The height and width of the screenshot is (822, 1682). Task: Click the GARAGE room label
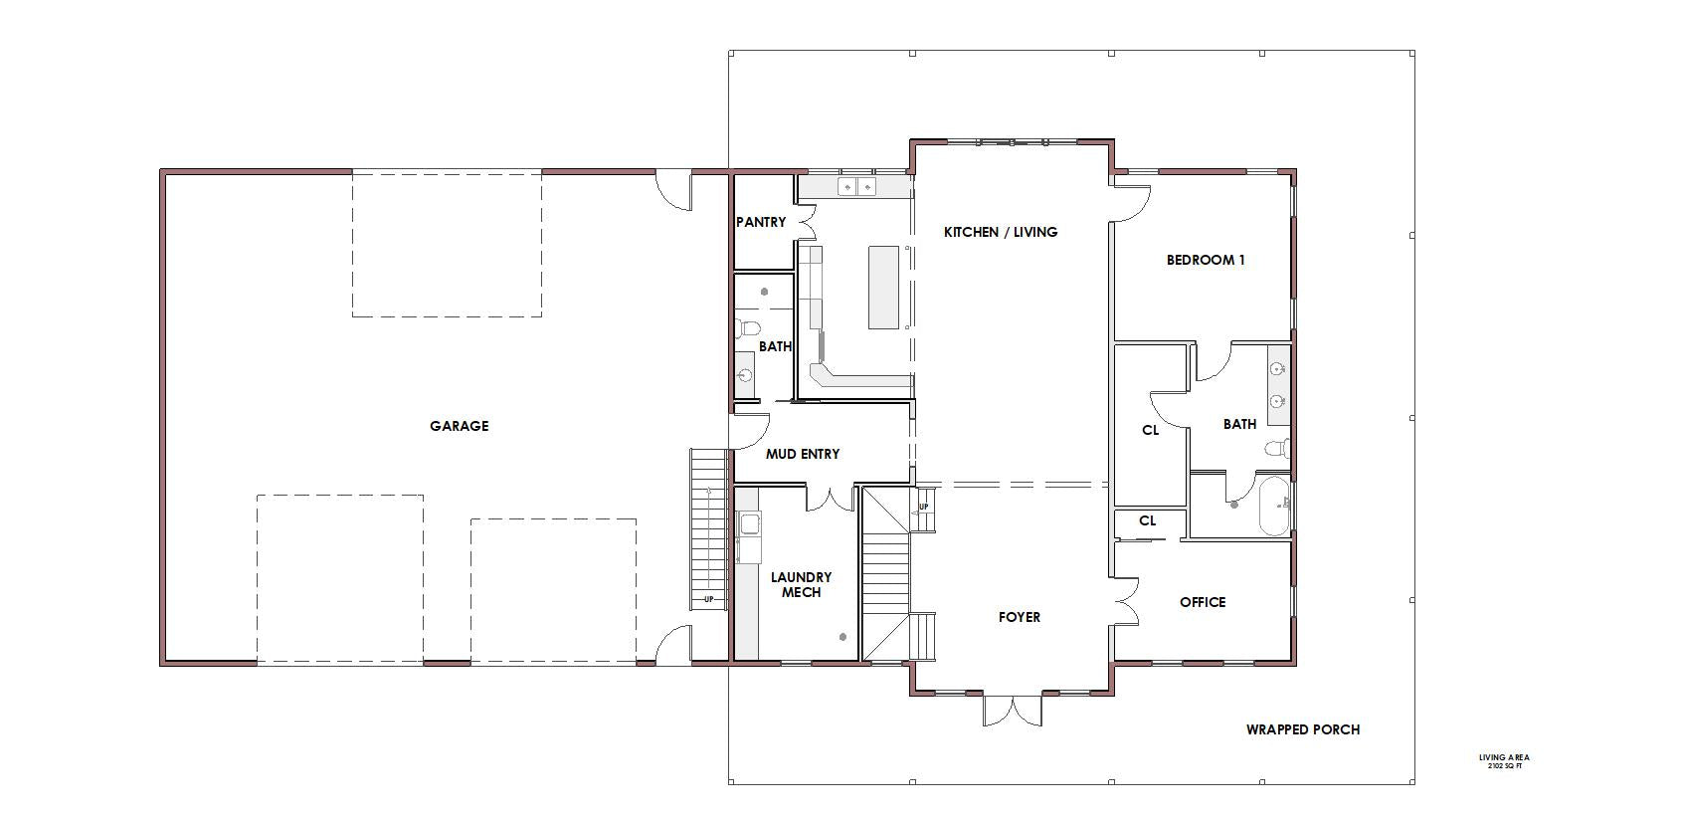pos(459,426)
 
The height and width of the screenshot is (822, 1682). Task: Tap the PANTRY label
pos(761,222)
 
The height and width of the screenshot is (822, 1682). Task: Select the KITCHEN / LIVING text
pos(1001,232)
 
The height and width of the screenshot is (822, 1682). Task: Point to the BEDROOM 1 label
pos(1206,260)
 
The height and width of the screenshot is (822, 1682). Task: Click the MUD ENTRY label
pos(802,454)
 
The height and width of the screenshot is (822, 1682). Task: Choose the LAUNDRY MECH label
pos(801,584)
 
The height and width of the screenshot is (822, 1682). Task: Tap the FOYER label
pos(1019,617)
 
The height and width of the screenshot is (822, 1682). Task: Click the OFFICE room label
pos(1203,602)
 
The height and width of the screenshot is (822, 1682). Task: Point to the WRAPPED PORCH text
pos(1303,728)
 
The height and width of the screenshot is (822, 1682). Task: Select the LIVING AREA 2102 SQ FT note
pos(1504,761)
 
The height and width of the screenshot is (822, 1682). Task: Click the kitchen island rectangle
pos(884,287)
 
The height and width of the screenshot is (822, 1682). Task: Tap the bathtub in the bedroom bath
pos(1274,506)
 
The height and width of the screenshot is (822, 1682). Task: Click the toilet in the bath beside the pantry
pos(748,328)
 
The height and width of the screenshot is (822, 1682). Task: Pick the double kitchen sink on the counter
pos(856,186)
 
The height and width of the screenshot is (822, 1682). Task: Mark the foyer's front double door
pos(1013,711)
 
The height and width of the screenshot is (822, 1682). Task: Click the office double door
pos(1127,601)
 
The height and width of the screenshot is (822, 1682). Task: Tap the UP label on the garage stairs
pos(708,600)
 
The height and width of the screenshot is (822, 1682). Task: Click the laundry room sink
pos(749,523)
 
